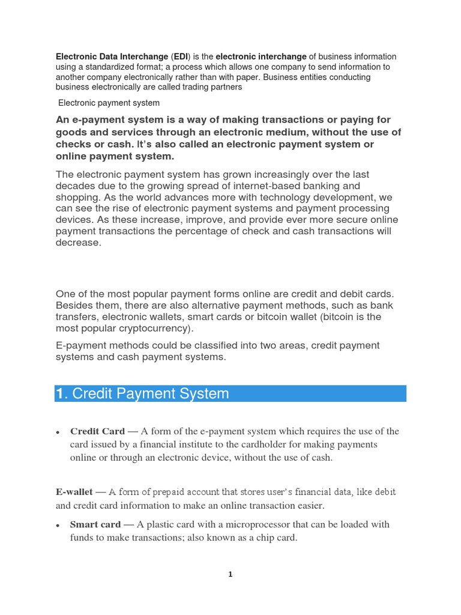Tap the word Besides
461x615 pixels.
click(74, 305)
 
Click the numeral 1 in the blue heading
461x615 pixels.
click(59, 394)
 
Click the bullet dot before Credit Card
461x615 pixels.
click(56, 432)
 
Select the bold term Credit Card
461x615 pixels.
click(97, 431)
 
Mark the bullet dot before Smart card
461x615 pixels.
click(56, 526)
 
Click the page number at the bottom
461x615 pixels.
click(230, 575)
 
